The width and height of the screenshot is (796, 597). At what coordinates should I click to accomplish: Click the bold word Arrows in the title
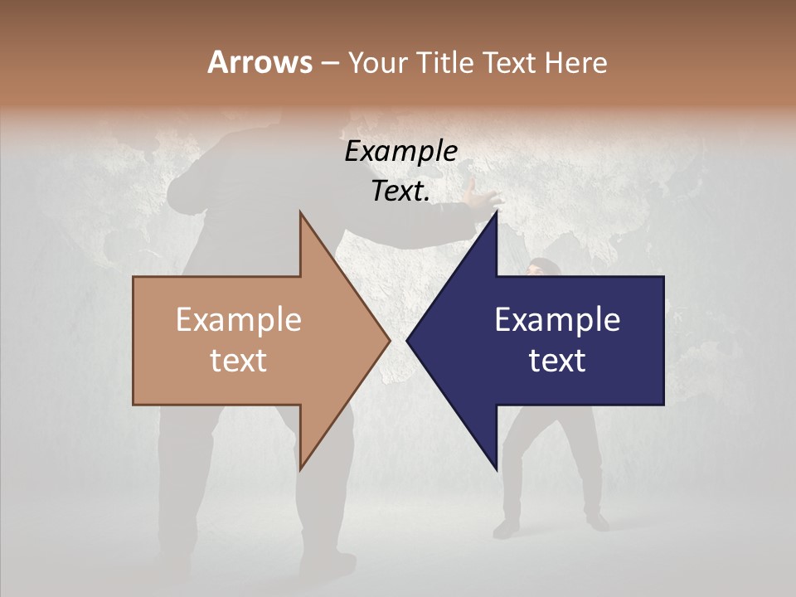click(260, 62)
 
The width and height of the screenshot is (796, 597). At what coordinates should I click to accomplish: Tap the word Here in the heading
click(575, 62)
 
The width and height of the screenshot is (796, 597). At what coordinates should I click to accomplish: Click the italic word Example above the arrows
click(400, 151)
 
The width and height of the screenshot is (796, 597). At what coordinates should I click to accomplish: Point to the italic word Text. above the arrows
click(400, 191)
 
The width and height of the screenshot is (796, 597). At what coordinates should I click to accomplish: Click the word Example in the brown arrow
click(239, 319)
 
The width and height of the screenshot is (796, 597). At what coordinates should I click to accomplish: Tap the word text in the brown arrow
click(239, 360)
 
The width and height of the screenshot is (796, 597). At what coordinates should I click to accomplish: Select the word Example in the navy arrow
click(557, 319)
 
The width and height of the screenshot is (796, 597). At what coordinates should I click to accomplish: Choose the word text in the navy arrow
click(557, 360)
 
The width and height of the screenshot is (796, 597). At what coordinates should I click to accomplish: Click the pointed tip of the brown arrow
click(390, 340)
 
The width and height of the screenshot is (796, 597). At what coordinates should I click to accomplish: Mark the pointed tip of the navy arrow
click(407, 340)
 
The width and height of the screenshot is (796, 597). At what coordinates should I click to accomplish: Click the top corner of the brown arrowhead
click(300, 212)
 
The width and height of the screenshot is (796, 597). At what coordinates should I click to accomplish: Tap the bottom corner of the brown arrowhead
click(300, 469)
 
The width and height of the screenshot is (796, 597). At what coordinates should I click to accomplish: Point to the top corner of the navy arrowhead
click(497, 212)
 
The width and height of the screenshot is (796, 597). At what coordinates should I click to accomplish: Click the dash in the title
click(328, 63)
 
